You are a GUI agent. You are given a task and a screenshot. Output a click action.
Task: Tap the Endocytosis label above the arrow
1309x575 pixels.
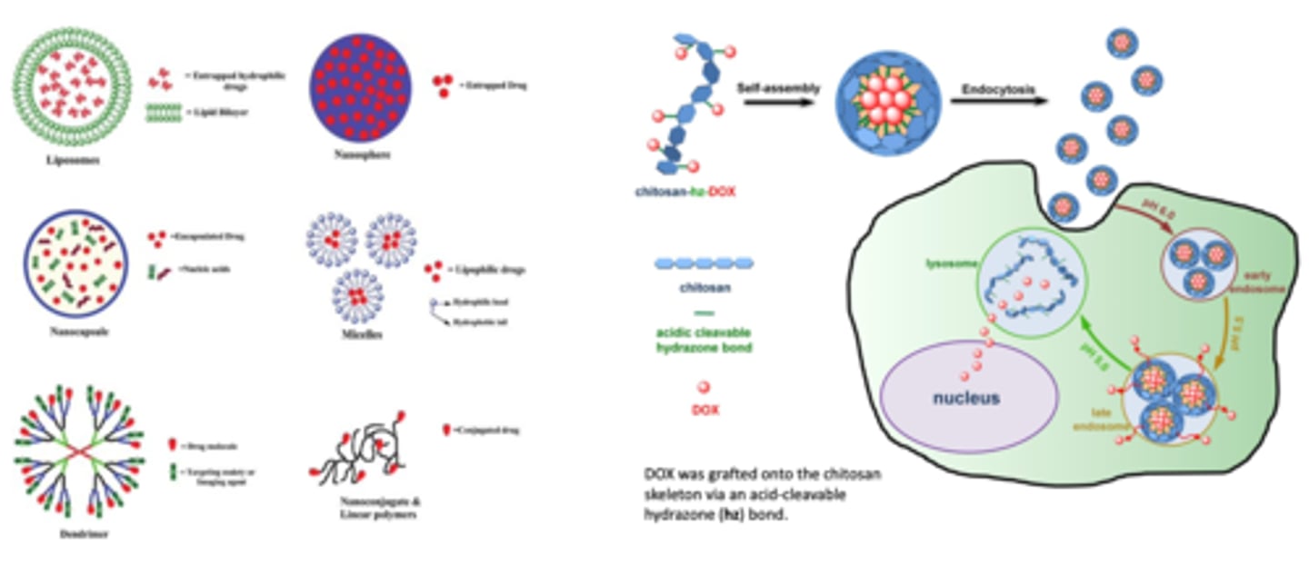[x=994, y=89]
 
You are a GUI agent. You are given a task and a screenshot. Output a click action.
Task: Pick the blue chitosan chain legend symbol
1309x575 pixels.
[x=704, y=264]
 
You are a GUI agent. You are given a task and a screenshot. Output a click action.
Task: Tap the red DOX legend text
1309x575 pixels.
[x=704, y=410]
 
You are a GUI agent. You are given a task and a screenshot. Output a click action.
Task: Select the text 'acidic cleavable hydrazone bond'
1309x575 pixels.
[x=704, y=340]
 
